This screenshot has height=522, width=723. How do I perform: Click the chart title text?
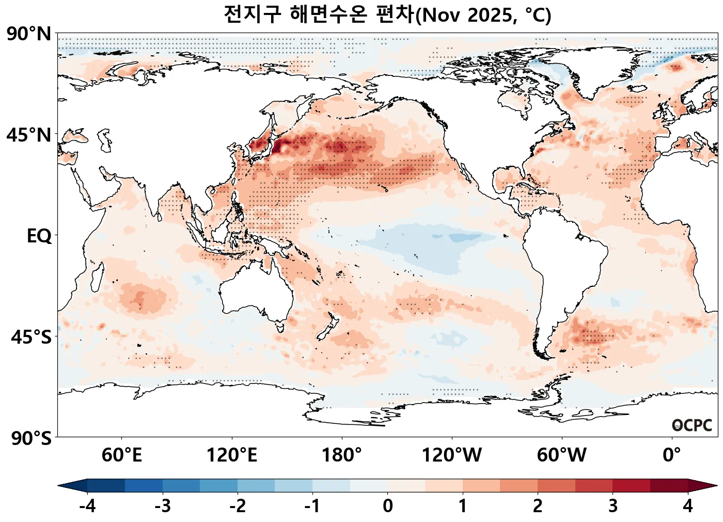[387, 14]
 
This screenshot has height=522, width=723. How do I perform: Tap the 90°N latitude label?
[29, 35]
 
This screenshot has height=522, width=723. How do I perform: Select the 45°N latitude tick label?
[29, 135]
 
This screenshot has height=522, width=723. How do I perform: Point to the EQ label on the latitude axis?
[39, 236]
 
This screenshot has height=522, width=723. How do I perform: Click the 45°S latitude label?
[31, 337]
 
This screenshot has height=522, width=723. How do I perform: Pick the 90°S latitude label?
[31, 438]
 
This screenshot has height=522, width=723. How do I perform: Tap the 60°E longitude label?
[122, 455]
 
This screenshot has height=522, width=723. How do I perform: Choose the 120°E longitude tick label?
[232, 455]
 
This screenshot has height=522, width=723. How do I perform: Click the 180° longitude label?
[342, 455]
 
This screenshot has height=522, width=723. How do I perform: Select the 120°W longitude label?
[452, 455]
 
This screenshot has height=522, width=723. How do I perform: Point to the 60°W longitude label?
[561, 455]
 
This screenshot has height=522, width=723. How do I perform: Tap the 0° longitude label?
[671, 455]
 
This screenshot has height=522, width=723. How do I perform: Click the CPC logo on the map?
[692, 425]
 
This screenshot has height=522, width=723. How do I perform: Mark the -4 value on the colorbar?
[87, 505]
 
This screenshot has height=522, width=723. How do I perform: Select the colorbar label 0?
[387, 505]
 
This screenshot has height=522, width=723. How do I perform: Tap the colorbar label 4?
[687, 505]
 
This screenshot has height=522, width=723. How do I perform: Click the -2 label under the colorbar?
[238, 505]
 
